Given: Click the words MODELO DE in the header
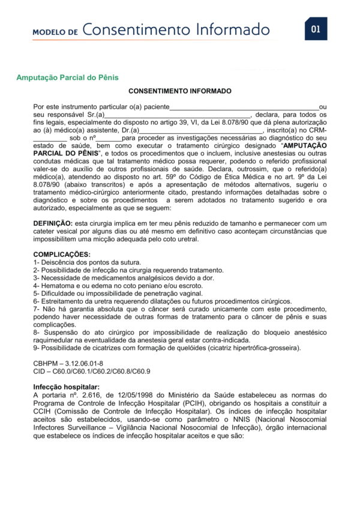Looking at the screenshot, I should coord(55,31).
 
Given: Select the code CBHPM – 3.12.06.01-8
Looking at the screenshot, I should coord(68,364).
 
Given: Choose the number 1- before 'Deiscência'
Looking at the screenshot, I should coord(37,262).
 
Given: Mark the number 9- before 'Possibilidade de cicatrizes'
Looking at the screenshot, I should coord(37,348).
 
